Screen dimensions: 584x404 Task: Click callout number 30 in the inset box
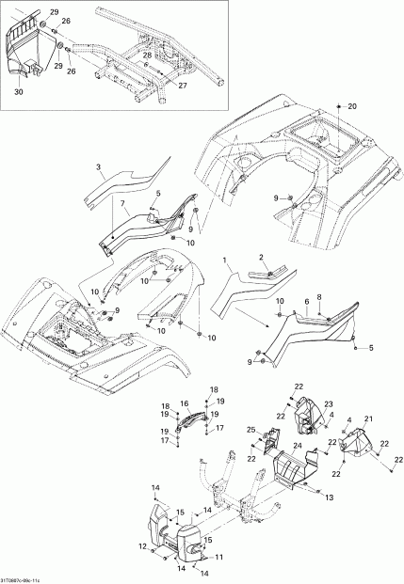pyautogui.click(x=18, y=92)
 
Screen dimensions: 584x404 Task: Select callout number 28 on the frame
pyautogui.click(x=147, y=56)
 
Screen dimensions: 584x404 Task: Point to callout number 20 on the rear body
pyautogui.click(x=352, y=108)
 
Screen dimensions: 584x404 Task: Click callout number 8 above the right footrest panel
pyautogui.click(x=320, y=297)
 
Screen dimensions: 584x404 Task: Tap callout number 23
pyautogui.click(x=303, y=403)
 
